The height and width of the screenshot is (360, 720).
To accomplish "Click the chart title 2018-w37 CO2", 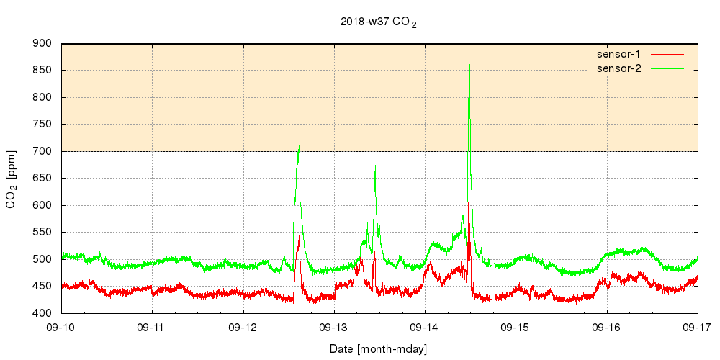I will [x=379, y=22].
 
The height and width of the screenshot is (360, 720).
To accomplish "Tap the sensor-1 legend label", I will [x=618, y=54].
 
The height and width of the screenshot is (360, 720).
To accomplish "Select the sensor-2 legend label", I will [x=618, y=68].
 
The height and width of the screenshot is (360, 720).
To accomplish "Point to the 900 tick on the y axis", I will [x=42, y=44].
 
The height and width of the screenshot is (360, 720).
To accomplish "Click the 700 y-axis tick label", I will [x=42, y=151].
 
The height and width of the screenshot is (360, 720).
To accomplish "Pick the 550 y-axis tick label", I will [x=42, y=233].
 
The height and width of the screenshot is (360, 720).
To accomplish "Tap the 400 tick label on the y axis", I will [x=42, y=313].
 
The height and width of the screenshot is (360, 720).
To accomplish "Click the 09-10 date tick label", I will [x=61, y=327].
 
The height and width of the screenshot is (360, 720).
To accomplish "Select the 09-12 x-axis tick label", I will [x=243, y=327].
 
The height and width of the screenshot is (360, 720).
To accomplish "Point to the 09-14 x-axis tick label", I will [x=425, y=327].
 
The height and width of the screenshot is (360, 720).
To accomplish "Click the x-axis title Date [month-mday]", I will [x=379, y=349].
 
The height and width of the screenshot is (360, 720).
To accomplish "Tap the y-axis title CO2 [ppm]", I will [x=12, y=179].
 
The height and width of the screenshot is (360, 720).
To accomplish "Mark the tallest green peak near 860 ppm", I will [x=469, y=66].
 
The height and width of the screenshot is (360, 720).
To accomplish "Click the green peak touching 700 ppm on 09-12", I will [x=299, y=148].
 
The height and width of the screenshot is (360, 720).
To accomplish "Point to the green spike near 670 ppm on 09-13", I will [x=375, y=166].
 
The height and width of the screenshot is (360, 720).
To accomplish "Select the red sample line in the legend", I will [x=666, y=54].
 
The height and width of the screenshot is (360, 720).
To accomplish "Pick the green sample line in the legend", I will [x=666, y=68].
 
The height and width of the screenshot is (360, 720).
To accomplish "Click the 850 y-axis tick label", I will [x=42, y=71].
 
